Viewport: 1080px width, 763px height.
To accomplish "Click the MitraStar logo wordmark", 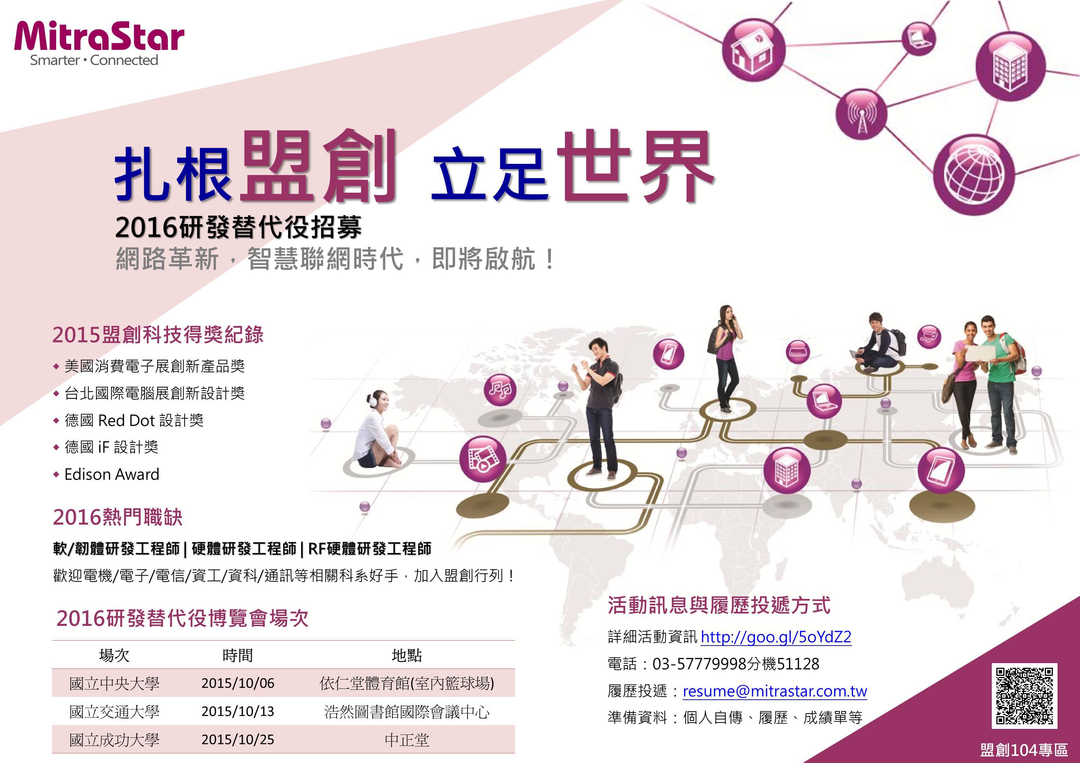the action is [x=99, y=36].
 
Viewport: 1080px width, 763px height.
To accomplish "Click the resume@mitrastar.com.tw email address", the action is [x=775, y=691].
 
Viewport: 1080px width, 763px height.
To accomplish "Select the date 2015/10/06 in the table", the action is [x=238, y=683].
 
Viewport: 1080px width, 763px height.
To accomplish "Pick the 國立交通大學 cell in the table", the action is [x=114, y=711].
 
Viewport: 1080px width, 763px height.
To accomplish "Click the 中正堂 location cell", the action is [x=407, y=740].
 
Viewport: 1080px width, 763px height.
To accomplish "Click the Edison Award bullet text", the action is [x=112, y=474].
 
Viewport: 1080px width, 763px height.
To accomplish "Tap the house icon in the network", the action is [x=753, y=50].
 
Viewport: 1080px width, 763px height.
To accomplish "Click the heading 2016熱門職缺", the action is [x=117, y=517].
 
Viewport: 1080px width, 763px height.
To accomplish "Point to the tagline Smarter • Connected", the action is [x=94, y=60].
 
